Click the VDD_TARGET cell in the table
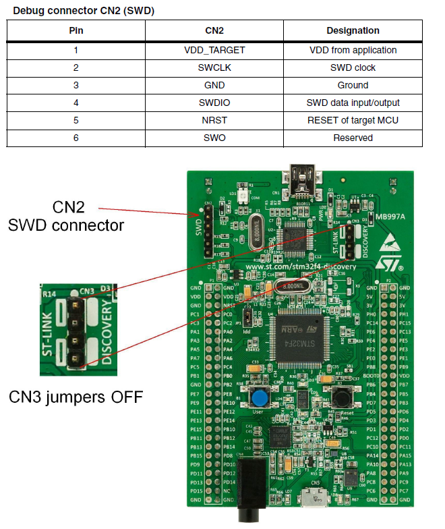214,50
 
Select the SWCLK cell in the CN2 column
214,67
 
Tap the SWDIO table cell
214,103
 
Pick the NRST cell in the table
214,120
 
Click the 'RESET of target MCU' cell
353,120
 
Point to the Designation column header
353,30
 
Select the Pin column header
76,30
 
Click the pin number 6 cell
76,138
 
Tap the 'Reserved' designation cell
353,138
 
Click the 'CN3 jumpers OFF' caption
76,397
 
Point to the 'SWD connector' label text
66,225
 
